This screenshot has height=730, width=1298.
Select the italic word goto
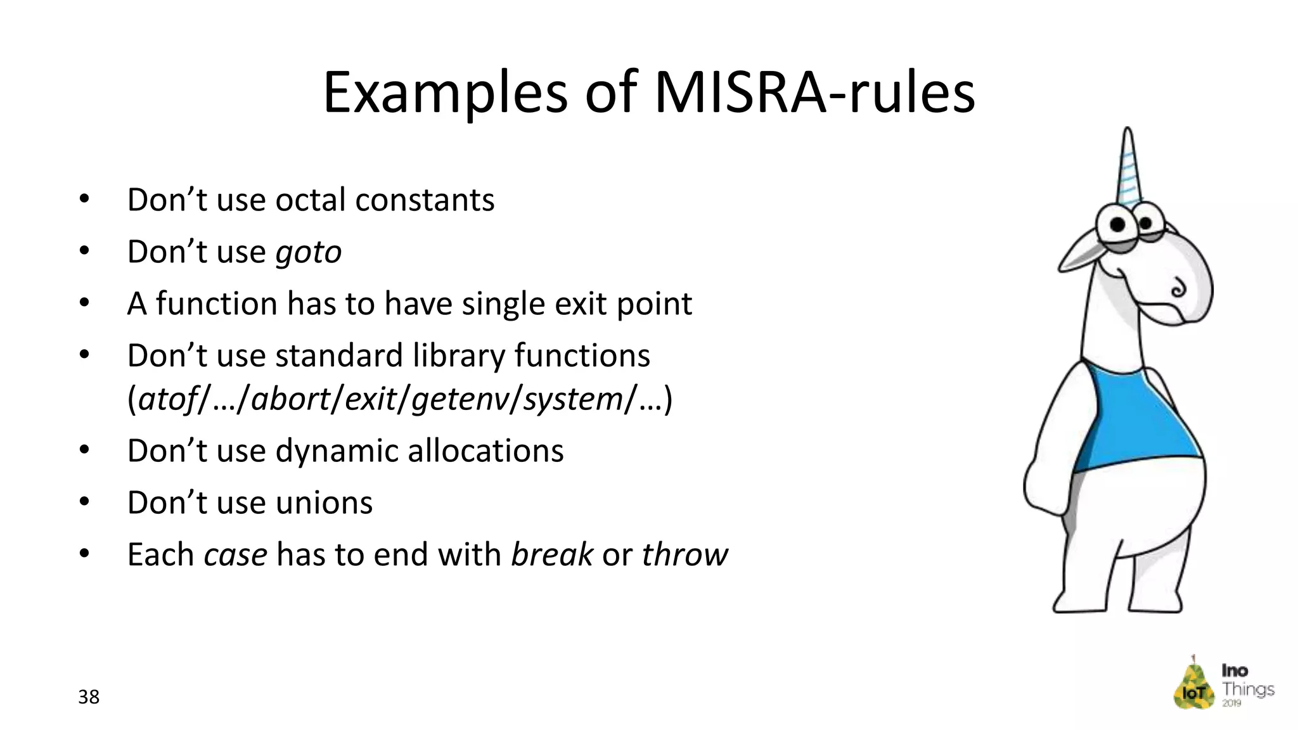[309, 252]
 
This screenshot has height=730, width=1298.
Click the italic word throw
[684, 555]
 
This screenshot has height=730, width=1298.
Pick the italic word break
[552, 555]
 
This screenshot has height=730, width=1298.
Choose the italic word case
[235, 555]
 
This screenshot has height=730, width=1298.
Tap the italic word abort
[288, 399]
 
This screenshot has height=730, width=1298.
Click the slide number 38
[89, 697]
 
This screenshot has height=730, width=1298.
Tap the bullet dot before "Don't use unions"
[84, 503]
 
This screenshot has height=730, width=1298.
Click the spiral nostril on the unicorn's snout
[1178, 288]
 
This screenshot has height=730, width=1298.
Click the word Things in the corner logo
[1248, 689]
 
